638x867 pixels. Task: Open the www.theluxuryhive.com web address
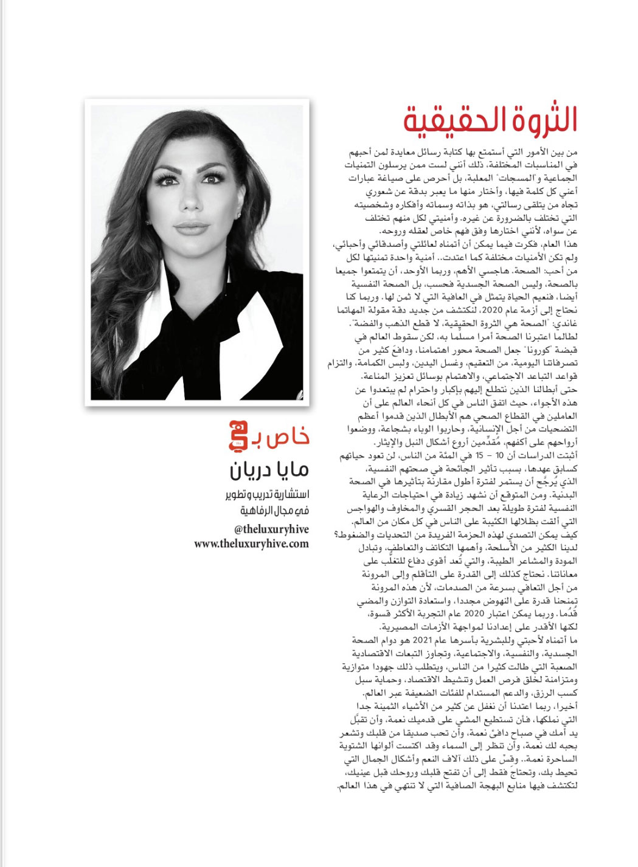[x=252, y=544]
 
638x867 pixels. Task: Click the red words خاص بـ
[x=282, y=435]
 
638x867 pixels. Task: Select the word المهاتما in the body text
[x=352, y=313]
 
